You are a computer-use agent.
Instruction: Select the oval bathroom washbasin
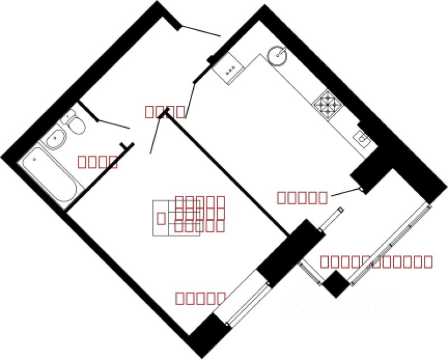coord(56,140)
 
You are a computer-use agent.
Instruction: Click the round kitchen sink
coord(278,55)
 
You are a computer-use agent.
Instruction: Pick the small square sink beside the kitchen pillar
coord(362,137)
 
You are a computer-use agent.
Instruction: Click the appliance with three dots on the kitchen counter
coord(229,71)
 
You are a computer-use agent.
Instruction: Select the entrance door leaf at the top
coord(202,31)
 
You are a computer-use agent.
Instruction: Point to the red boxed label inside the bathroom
coord(97,162)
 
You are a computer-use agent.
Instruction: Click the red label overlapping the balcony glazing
coord(376,261)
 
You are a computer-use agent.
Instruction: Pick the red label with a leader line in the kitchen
coord(302,197)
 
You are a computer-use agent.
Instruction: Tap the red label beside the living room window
coord(200,298)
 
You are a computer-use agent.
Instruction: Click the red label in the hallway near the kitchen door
coord(165,111)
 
